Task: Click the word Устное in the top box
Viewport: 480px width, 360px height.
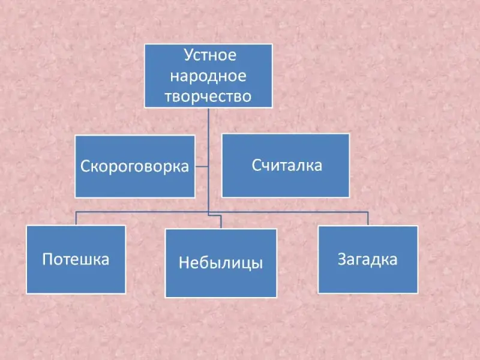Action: pyautogui.click(x=209, y=57)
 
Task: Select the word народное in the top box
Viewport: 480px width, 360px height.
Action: pyautogui.click(x=208, y=76)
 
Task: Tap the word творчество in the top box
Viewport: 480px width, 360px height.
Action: pyautogui.click(x=208, y=95)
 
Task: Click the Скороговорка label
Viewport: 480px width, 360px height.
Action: pyautogui.click(x=135, y=166)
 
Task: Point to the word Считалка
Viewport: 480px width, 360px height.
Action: pyautogui.click(x=286, y=165)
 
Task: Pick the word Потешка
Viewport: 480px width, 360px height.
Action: pyautogui.click(x=76, y=259)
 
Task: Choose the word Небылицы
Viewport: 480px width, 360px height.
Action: pyautogui.click(x=221, y=263)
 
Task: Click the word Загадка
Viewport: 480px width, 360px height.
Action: pyautogui.click(x=368, y=259)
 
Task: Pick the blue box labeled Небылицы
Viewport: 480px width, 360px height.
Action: pyautogui.click(x=221, y=282)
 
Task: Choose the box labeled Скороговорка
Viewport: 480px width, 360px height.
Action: pyautogui.click(x=135, y=183)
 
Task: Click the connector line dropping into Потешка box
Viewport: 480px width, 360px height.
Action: pyautogui.click(x=76, y=218)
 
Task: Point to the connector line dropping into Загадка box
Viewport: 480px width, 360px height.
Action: pyautogui.click(x=368, y=218)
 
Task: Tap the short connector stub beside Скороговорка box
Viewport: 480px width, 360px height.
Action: pyautogui.click(x=202, y=166)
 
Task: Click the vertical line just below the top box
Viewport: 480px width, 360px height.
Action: pyautogui.click(x=208, y=120)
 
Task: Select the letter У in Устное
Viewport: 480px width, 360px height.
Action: pyautogui.click(x=187, y=57)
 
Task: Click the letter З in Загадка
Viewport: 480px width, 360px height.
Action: pyautogui.click(x=342, y=259)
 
